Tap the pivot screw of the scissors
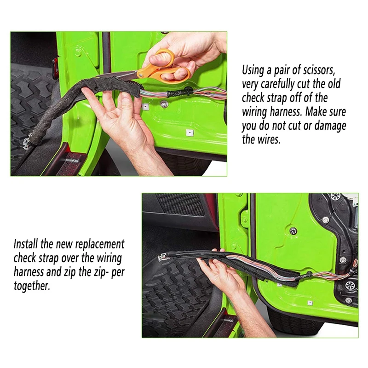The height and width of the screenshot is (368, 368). pos(140,75)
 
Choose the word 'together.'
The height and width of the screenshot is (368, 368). pos(32,286)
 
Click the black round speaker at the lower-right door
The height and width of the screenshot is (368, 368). pos(350,285)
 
